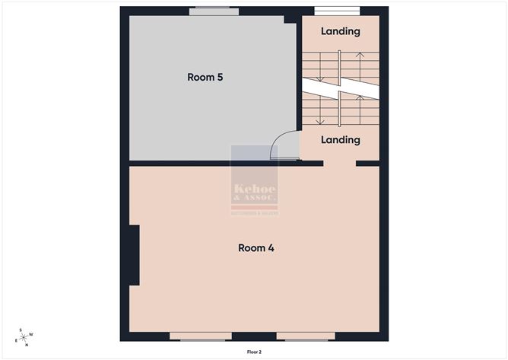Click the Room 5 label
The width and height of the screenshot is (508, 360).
click(x=205, y=77)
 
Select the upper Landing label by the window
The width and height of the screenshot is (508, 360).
click(x=340, y=31)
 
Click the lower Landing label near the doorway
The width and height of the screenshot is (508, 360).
click(x=340, y=140)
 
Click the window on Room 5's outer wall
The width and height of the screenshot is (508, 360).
click(x=214, y=11)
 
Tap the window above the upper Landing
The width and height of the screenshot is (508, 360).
click(x=337, y=11)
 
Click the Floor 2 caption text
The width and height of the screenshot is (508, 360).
click(x=254, y=352)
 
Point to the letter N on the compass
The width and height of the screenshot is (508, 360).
click(x=27, y=345)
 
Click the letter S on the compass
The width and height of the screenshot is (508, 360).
click(x=22, y=330)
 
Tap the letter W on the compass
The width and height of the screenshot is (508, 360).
click(x=31, y=334)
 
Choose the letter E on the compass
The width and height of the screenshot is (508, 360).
click(x=16, y=340)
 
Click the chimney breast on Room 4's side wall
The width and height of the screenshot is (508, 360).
click(x=134, y=255)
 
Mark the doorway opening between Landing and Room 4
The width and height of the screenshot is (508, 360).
click(x=339, y=162)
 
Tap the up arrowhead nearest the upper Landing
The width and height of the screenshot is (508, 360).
click(x=360, y=55)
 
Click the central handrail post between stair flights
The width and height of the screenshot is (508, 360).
click(x=340, y=90)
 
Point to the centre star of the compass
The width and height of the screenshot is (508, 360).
click(x=24, y=337)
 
